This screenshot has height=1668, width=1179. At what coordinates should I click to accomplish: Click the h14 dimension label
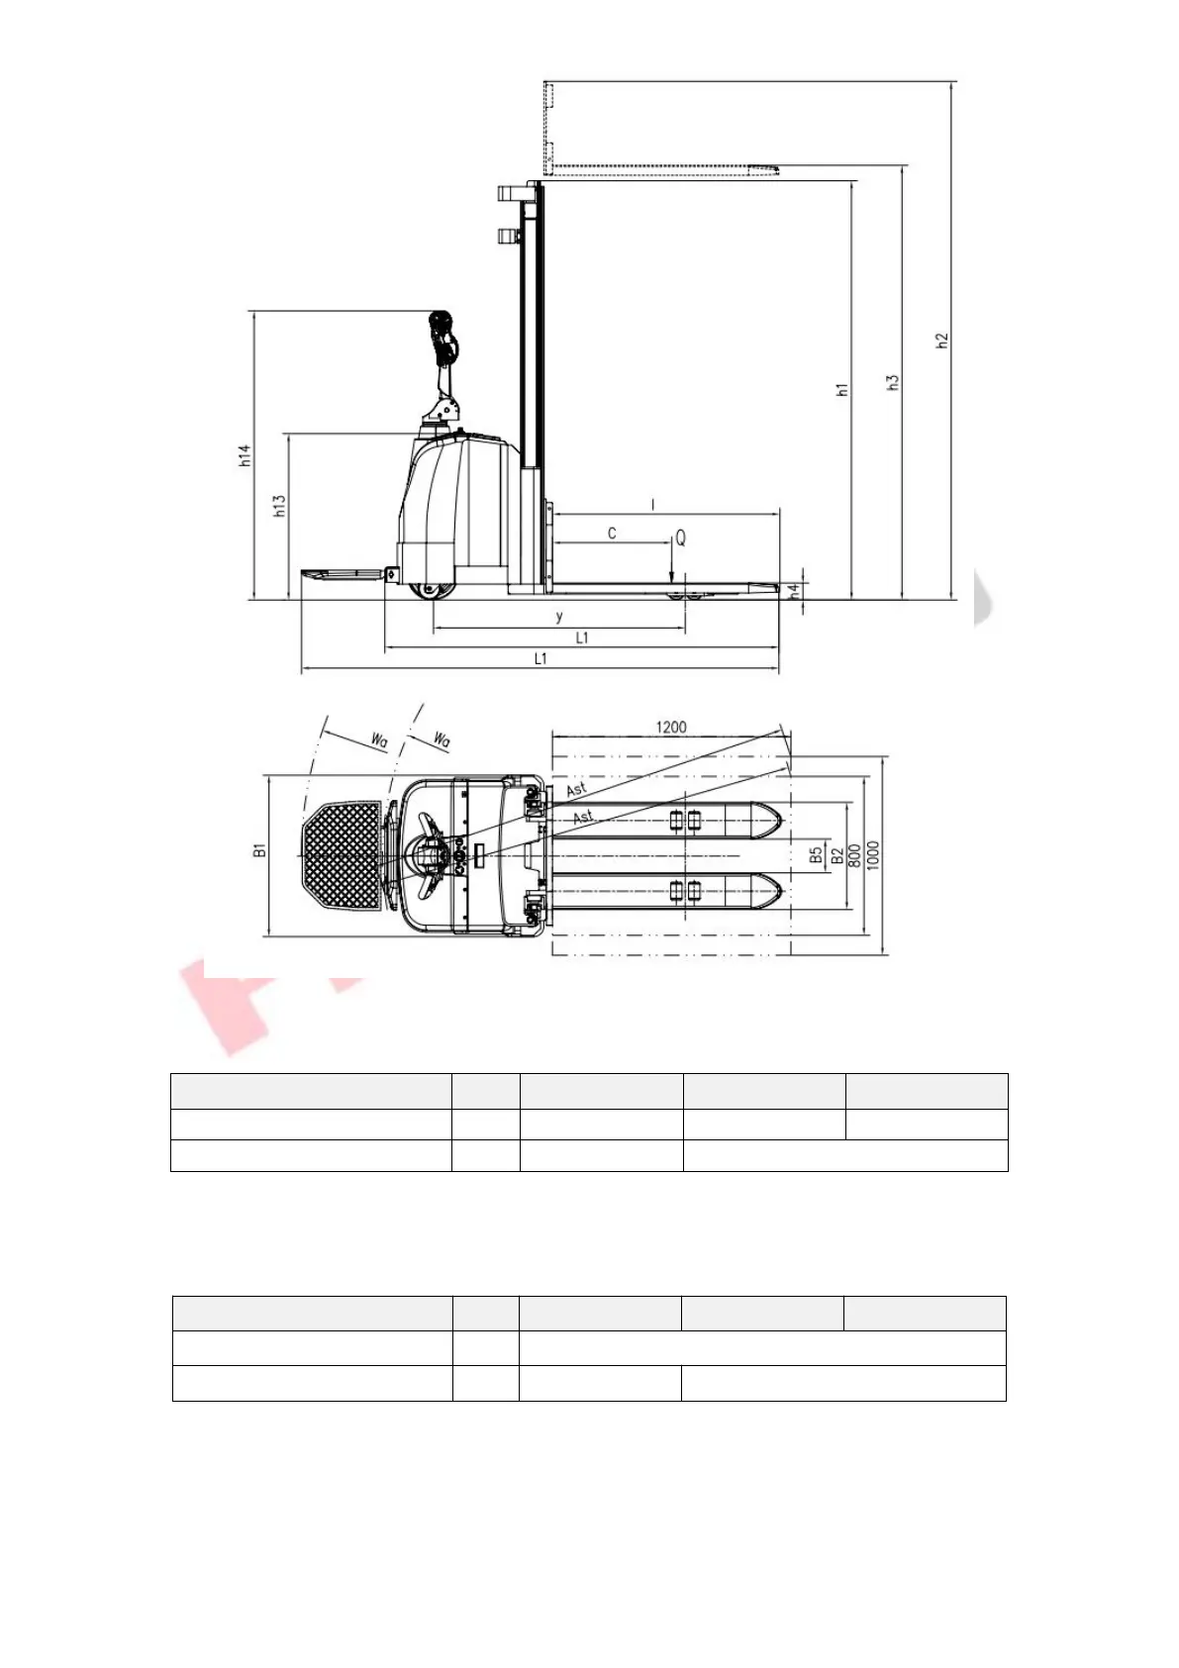246,455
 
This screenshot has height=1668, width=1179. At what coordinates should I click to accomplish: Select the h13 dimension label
280,507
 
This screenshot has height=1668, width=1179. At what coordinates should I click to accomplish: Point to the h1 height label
842,389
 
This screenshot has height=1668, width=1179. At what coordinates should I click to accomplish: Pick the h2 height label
942,341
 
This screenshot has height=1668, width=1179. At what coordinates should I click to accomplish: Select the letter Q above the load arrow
679,538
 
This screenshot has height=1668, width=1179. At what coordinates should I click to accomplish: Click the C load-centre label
612,534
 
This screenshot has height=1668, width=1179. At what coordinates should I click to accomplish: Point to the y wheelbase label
559,617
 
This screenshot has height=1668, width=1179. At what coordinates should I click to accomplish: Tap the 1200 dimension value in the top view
670,727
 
